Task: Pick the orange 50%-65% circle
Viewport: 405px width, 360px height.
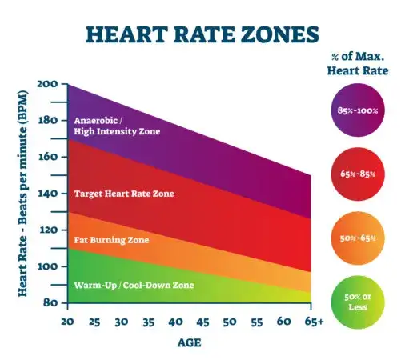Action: point(359,238)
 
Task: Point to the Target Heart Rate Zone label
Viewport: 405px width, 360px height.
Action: point(123,194)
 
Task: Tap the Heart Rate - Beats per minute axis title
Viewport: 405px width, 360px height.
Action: point(26,192)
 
